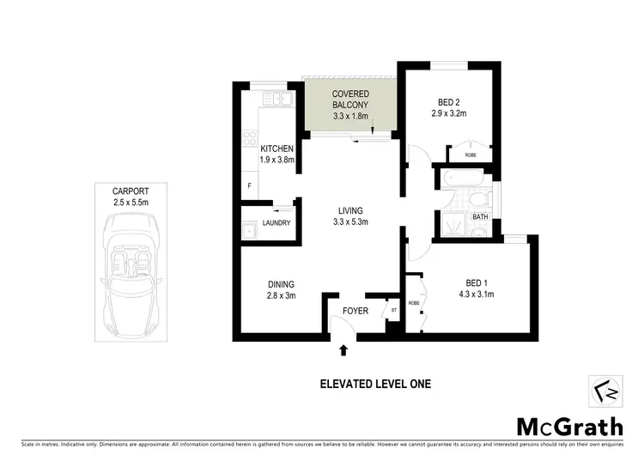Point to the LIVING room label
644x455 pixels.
[350, 210]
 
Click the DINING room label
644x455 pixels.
[281, 285]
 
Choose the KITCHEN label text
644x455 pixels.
[277, 149]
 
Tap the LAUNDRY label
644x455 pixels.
[276, 223]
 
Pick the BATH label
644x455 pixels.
[480, 217]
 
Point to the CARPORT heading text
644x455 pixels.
[131, 191]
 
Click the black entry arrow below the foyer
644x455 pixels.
[345, 349]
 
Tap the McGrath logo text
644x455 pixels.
[563, 426]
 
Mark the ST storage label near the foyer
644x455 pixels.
[394, 311]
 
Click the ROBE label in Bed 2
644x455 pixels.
[471, 155]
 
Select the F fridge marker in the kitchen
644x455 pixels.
[249, 186]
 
